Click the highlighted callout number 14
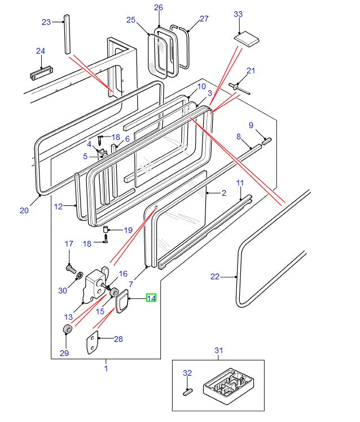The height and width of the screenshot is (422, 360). (x=151, y=298)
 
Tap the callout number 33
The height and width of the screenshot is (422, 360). (x=238, y=14)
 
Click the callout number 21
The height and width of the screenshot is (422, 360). (x=251, y=71)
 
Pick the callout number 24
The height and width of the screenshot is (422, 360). (x=40, y=51)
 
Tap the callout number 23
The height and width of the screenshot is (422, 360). (x=46, y=22)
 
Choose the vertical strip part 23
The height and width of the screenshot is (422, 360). (x=67, y=34)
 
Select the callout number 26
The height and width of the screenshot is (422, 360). (x=159, y=7)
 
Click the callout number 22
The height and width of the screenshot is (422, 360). (x=214, y=276)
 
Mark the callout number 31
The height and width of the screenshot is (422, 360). (x=219, y=350)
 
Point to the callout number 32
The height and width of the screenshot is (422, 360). (x=187, y=373)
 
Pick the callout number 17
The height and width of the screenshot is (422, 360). (x=69, y=244)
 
